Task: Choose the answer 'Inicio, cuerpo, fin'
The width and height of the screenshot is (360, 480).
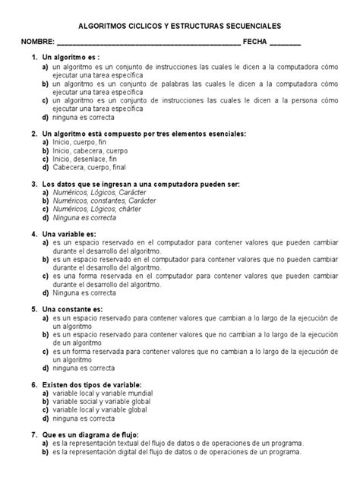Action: pos(81,142)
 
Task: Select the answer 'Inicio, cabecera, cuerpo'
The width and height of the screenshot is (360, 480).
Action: pos(91,150)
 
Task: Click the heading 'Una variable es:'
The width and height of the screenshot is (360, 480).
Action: pos(69,235)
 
